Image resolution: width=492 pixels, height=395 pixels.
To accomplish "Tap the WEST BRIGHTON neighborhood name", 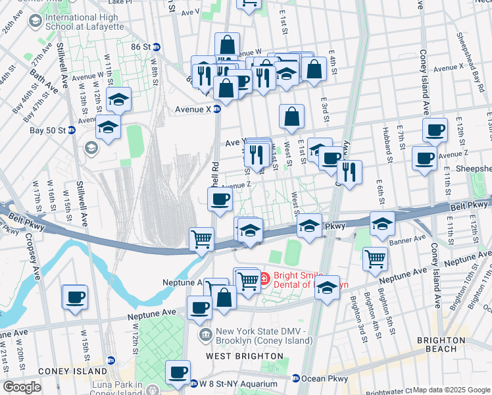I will point(245,356).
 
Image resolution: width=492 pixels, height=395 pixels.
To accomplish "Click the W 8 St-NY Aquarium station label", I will point(234,383).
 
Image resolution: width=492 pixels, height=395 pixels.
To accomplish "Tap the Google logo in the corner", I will point(21,386).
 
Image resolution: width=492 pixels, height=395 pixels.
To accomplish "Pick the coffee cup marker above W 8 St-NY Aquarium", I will point(178,372).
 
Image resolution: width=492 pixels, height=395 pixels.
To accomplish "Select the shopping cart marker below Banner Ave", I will point(375,258).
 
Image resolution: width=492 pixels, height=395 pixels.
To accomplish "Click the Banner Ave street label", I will point(412,240).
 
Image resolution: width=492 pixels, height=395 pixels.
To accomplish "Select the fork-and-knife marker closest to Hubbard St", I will point(349,172).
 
